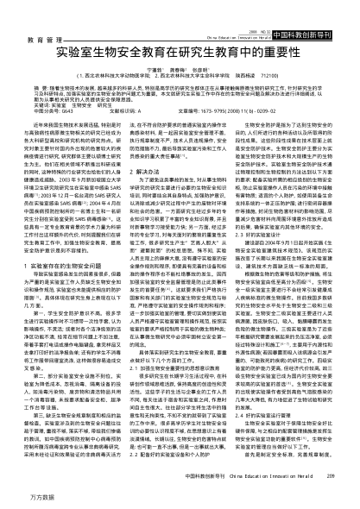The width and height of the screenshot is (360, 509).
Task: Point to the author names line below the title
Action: coord(180,43)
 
